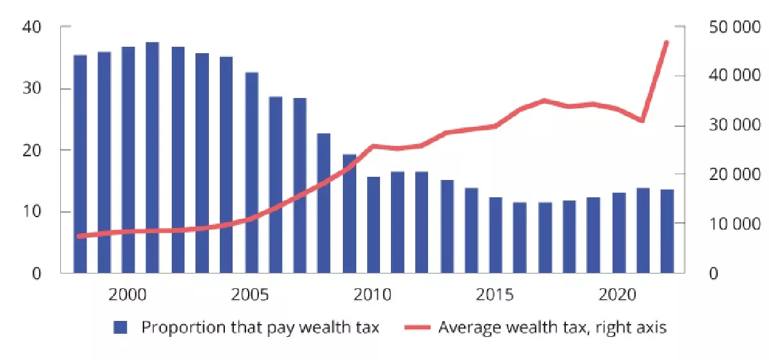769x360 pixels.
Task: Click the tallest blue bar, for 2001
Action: click(153, 158)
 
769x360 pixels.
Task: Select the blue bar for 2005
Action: click(251, 173)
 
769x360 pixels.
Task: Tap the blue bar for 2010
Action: click(374, 225)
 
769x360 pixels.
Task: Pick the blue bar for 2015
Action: click(496, 235)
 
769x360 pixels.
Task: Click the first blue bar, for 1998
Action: click(79, 164)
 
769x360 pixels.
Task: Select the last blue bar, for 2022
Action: click(667, 231)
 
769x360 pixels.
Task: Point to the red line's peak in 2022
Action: click(667, 42)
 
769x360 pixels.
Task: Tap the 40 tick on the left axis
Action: click(33, 27)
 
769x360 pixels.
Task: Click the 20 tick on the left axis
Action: click(33, 151)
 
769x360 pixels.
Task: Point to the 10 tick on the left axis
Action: click(33, 212)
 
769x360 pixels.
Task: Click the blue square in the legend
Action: click(121, 327)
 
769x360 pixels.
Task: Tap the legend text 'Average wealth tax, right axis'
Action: click(552, 327)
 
